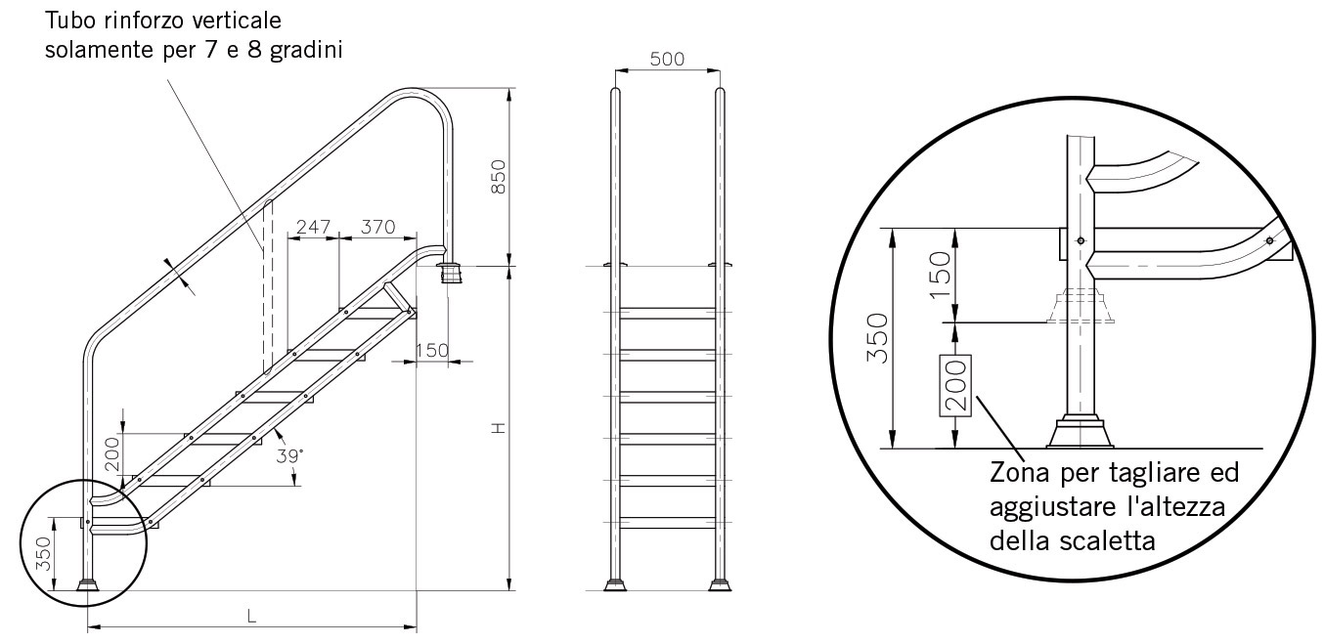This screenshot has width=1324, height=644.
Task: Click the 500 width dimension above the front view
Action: coord(667,59)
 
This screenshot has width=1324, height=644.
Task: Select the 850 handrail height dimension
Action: coord(499,177)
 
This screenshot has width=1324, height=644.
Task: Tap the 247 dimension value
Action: coord(314,227)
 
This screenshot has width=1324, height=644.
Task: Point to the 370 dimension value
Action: coord(377,227)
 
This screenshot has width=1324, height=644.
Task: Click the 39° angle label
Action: coord(288,455)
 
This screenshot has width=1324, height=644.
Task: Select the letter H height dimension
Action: coord(499,428)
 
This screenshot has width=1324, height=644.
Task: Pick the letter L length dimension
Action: coord(251,616)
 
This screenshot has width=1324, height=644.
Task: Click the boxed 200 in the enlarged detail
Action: coord(955,386)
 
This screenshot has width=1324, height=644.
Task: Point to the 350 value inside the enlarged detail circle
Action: coord(877,338)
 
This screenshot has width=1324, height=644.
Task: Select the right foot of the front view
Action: coord(721,585)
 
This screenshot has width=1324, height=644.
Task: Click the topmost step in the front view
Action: coord(667,314)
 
